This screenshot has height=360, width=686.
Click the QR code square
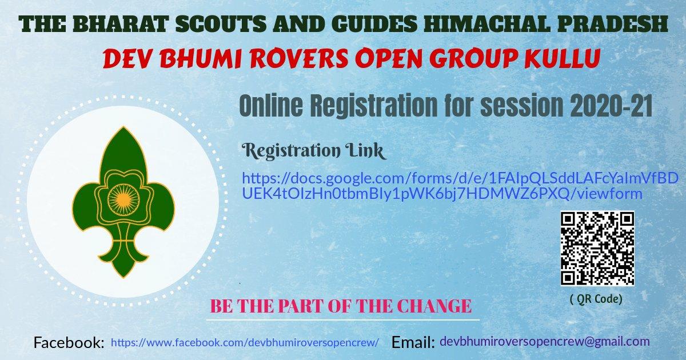point(597,248)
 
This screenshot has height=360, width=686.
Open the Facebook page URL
point(245,342)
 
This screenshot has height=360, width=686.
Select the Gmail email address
point(544,342)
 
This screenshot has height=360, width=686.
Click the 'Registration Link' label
point(314,151)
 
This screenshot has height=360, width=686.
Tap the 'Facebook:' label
point(69,343)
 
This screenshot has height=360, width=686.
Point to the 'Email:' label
point(413,343)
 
